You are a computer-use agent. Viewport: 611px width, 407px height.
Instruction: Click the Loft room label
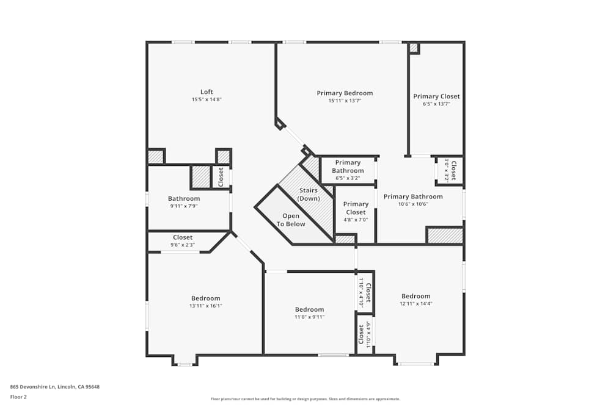(x=207, y=92)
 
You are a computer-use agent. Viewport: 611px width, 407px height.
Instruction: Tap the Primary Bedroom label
(x=345, y=93)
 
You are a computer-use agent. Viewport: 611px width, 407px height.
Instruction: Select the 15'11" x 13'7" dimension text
(x=345, y=101)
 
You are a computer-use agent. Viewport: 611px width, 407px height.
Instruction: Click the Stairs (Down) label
(x=308, y=195)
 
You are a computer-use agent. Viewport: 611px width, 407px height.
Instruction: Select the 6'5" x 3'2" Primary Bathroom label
(x=348, y=167)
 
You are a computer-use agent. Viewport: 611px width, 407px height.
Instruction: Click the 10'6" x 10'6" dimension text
(x=413, y=204)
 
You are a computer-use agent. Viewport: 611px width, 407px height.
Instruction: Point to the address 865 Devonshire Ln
(x=54, y=386)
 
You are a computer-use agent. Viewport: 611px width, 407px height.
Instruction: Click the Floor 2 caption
(x=18, y=397)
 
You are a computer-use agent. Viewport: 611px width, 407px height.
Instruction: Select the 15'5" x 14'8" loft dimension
(x=207, y=99)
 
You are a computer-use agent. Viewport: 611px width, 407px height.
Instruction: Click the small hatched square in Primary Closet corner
(x=414, y=48)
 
